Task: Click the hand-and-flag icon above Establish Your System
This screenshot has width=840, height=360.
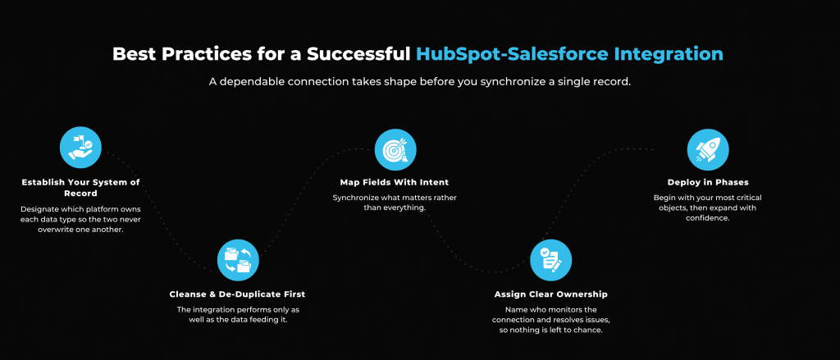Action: [x=80, y=148]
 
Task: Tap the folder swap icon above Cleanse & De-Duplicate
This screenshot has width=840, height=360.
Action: [x=238, y=260]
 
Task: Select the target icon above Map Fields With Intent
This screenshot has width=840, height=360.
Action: [x=395, y=149]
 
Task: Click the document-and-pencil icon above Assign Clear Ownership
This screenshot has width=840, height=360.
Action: [x=550, y=260]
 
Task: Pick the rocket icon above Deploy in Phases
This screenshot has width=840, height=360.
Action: [x=708, y=149]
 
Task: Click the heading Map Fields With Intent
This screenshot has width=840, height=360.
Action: [x=395, y=183]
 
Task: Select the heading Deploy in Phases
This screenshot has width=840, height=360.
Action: [x=708, y=183]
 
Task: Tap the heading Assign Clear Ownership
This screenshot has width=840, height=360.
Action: [x=550, y=294]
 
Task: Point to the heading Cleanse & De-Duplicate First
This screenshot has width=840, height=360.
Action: [x=237, y=294]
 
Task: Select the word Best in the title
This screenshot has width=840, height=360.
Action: [x=131, y=55]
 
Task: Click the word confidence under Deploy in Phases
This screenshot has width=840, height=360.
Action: [x=707, y=219]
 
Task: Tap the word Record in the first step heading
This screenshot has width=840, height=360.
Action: [x=80, y=194]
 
